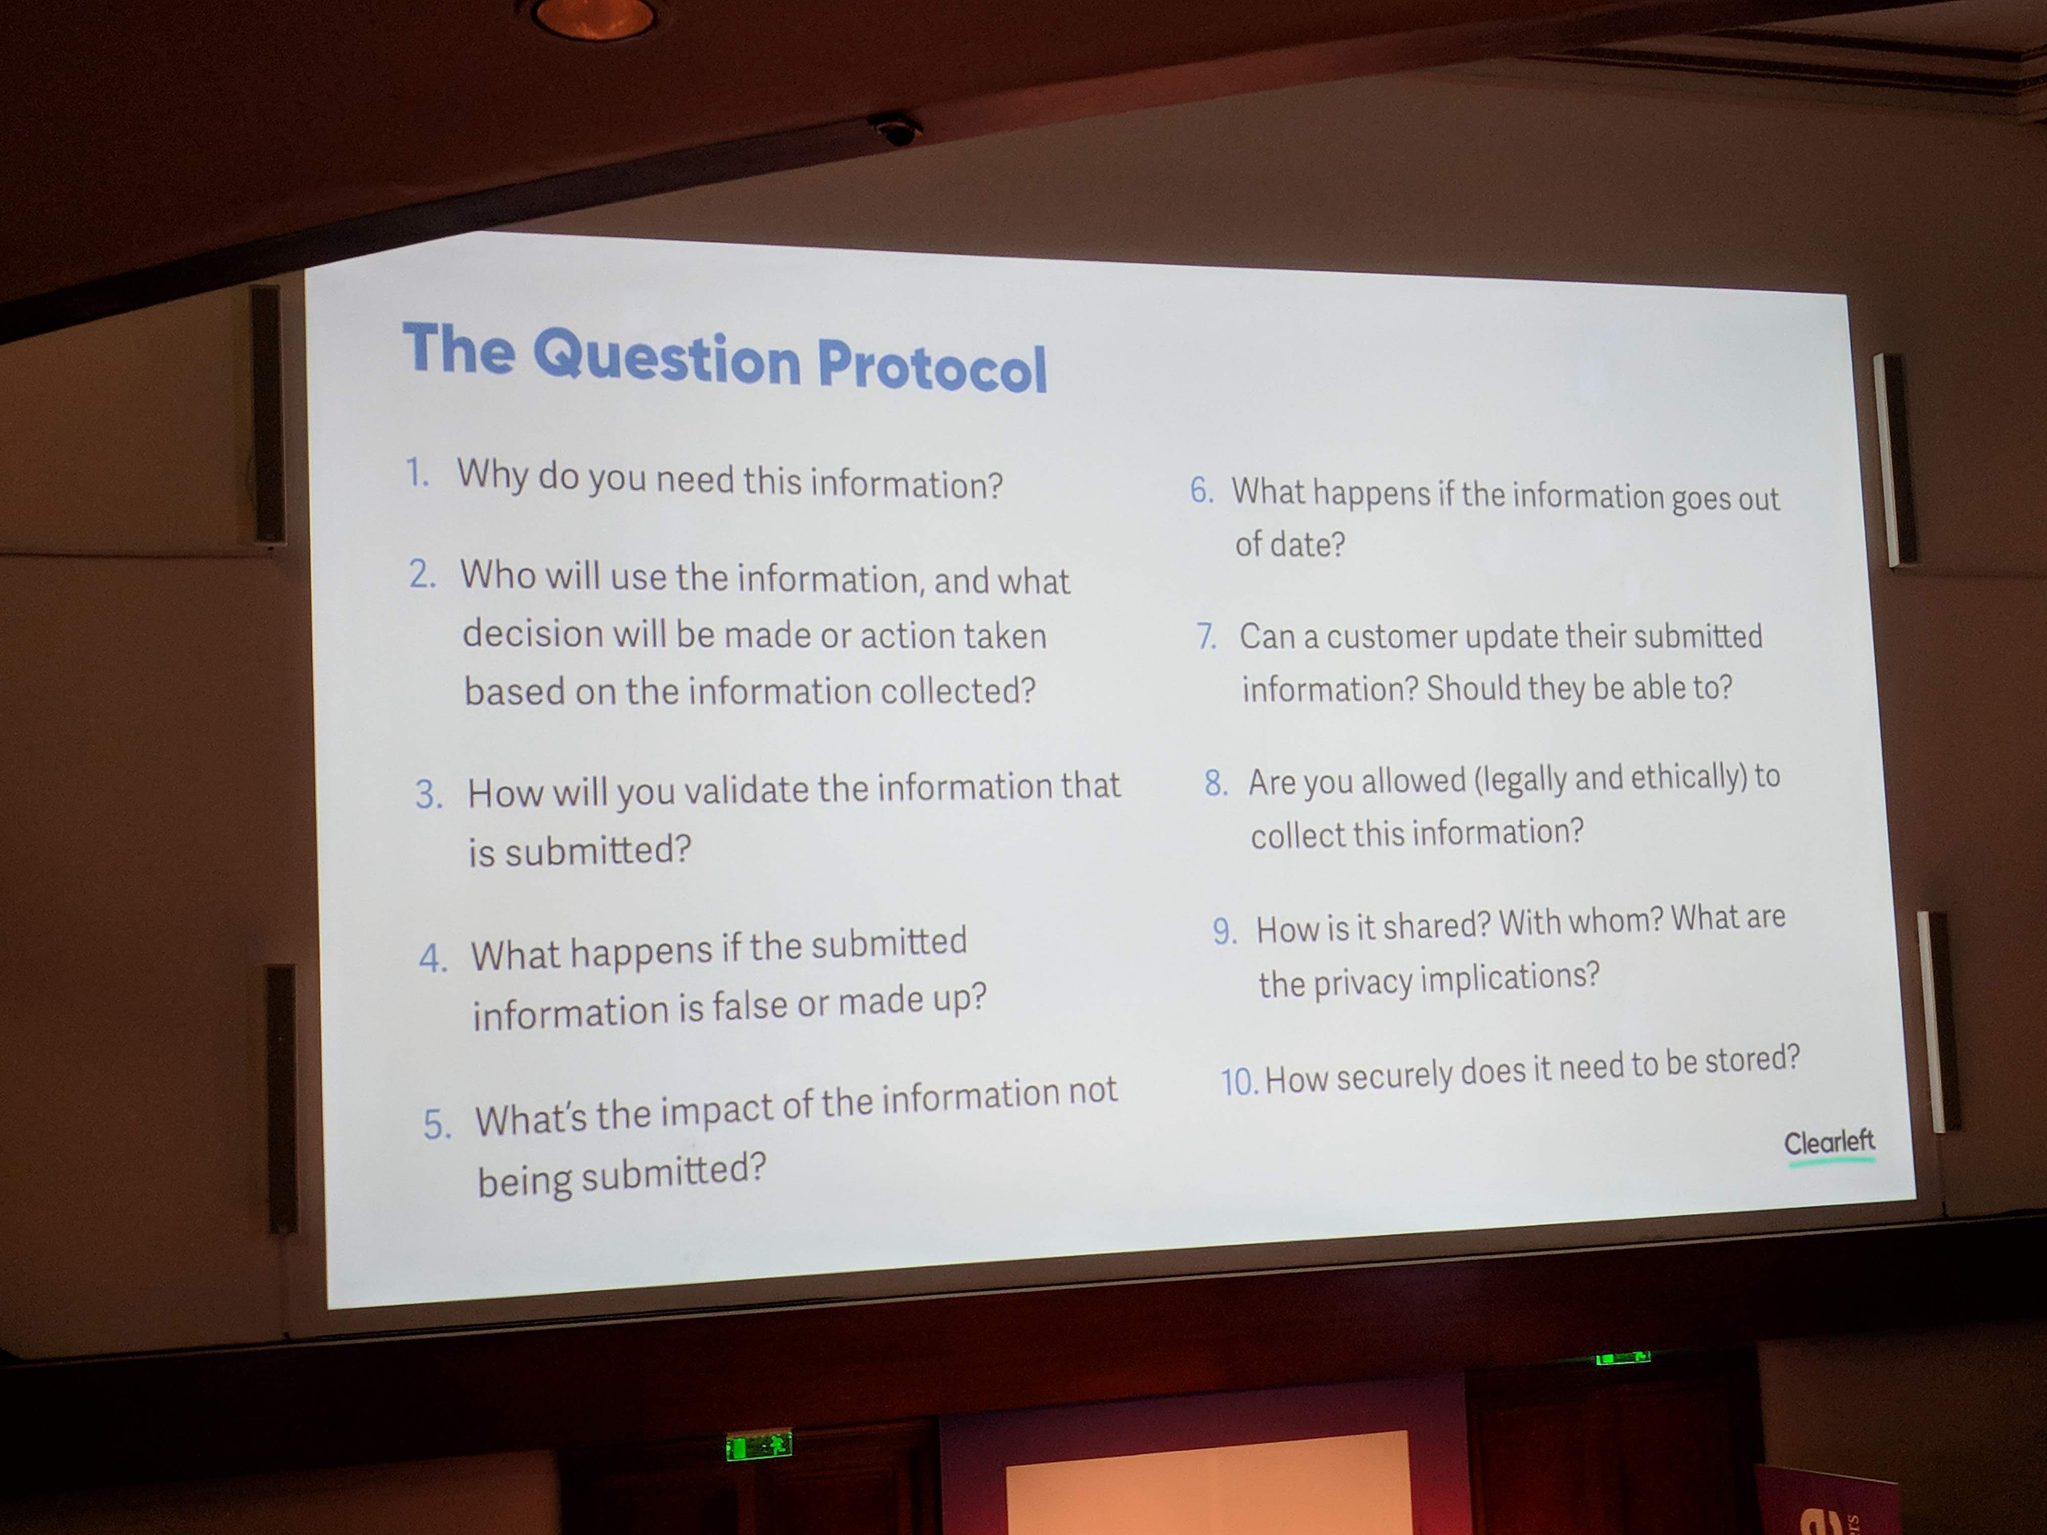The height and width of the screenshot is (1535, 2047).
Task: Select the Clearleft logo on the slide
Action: tap(1830, 1145)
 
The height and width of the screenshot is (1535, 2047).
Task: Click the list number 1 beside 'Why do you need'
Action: tap(417, 473)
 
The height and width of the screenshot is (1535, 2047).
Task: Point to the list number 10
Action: tap(1239, 1080)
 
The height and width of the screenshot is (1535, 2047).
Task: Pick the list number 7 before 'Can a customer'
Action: tap(1206, 637)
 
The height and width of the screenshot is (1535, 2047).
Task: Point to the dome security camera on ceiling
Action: tap(895, 130)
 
